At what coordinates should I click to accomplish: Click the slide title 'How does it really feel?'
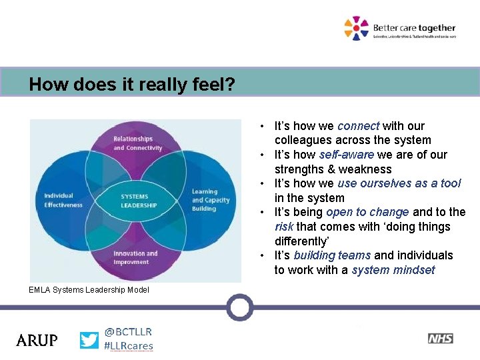click(131, 85)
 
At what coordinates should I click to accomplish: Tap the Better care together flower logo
click(356, 28)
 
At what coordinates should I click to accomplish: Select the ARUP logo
click(37, 340)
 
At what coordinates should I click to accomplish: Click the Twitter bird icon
click(89, 340)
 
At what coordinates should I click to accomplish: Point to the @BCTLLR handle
click(128, 331)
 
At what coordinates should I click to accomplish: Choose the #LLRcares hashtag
click(129, 346)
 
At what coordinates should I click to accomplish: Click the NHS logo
click(440, 339)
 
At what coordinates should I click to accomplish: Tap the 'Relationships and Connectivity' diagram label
click(137, 143)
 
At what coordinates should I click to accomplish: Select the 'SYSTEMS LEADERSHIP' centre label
click(139, 201)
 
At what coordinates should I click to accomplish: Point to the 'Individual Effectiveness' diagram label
click(63, 200)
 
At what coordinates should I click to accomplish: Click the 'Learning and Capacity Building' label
click(210, 200)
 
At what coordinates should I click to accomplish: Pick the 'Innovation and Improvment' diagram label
click(135, 257)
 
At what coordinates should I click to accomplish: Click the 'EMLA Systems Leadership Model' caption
click(89, 289)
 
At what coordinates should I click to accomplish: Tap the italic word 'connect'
click(358, 126)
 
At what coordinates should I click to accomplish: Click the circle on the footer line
click(239, 307)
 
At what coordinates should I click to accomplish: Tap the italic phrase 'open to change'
click(367, 212)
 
